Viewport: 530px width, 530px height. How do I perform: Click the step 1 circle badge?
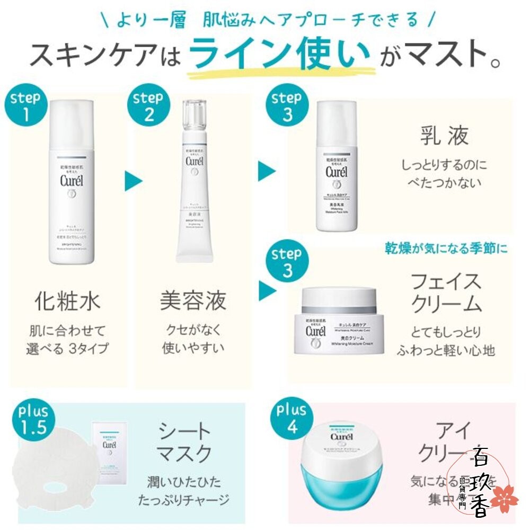25,107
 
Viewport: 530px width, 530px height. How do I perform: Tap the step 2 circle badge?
147,106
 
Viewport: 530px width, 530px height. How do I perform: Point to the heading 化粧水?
67,301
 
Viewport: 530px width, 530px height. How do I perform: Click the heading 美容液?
193,301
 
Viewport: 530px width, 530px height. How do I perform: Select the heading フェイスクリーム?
446,293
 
